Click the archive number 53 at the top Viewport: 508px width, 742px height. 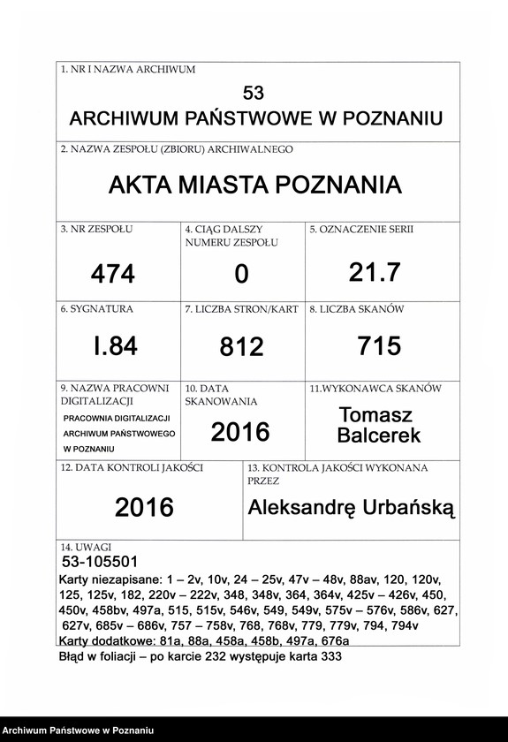point(254,93)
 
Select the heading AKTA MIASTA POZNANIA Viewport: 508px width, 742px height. point(254,185)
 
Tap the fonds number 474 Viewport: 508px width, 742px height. point(113,275)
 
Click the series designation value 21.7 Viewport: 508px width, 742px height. point(375,273)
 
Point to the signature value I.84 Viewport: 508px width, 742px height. point(116,346)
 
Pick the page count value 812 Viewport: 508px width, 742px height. point(241,347)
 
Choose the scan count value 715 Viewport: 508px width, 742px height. point(379,345)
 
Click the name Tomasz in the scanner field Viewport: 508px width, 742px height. point(375,414)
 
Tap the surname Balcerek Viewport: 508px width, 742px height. point(379,435)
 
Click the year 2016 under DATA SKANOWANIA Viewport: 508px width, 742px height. point(240,431)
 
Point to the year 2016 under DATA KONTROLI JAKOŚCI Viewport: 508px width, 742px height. point(144,507)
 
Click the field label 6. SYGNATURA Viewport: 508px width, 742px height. point(96,309)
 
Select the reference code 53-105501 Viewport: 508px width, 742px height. point(99,562)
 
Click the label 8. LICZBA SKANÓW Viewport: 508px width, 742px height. point(356,309)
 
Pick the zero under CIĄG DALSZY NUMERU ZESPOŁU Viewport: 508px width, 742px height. point(241,276)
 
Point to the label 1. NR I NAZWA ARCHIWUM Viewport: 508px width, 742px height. point(128,69)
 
